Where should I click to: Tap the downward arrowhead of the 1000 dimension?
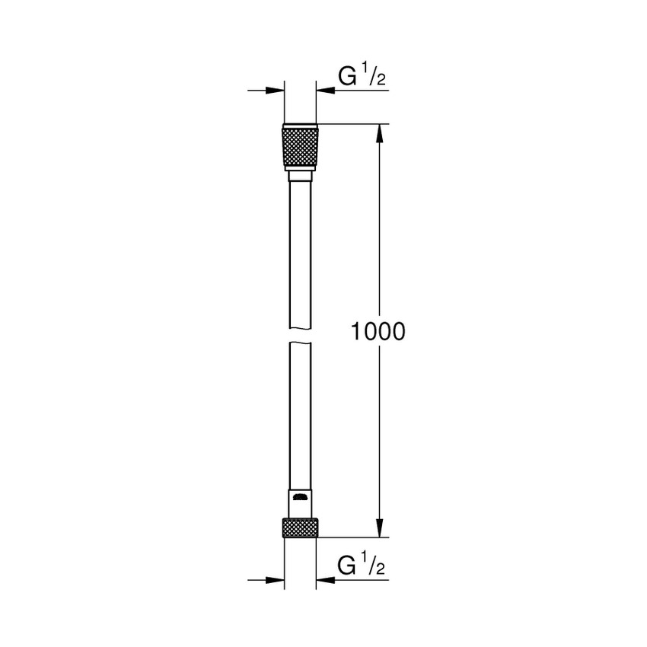pos(378,529)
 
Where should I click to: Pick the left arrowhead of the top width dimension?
pos(276,91)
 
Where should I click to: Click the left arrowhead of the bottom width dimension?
pos(276,580)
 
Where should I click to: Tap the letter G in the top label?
pos(346,78)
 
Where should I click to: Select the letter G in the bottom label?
pos(346,566)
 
